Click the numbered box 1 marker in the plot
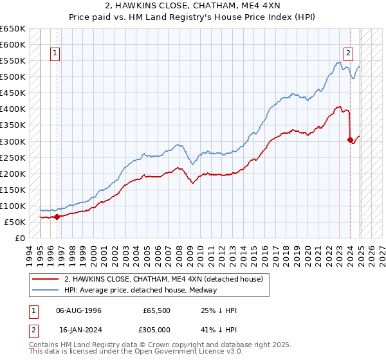[55, 53]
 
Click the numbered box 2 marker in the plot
[348, 53]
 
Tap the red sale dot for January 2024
[350, 139]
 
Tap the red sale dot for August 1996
[57, 217]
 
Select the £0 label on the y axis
[19, 238]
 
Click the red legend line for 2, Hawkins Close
[46, 279]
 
